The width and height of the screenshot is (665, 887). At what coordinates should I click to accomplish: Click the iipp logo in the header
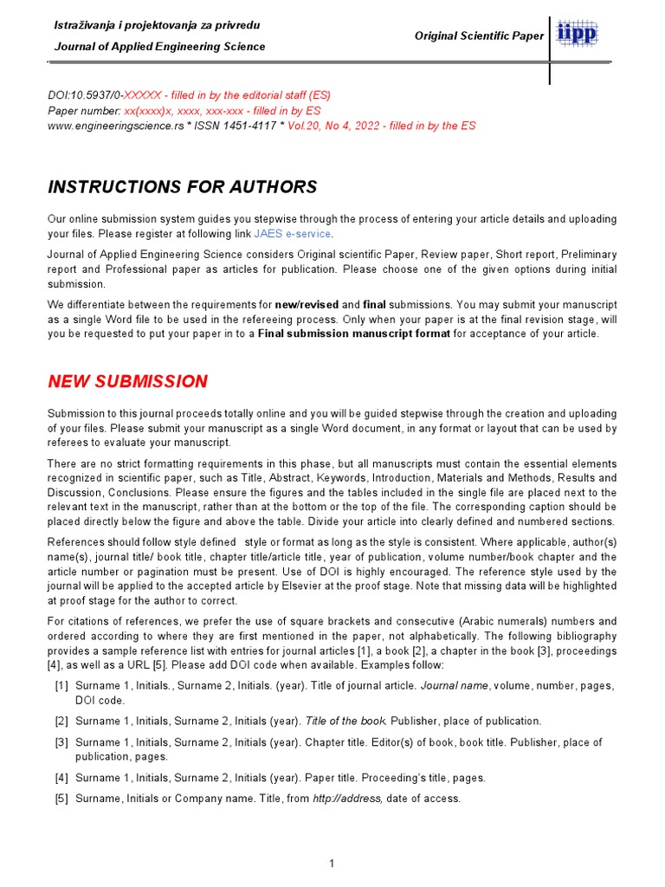coord(577,35)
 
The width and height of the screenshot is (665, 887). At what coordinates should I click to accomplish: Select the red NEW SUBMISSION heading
coord(127,382)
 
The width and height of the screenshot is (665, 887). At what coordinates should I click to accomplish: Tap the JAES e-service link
coord(293,234)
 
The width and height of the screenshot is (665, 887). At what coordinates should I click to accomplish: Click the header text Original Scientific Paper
coord(479,36)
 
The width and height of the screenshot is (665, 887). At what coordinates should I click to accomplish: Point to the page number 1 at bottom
coord(332,863)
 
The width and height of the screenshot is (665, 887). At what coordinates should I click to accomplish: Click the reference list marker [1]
coord(61,686)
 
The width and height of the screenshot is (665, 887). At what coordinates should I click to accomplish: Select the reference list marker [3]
coord(61,742)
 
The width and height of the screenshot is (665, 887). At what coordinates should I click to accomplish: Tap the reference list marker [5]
coord(61,799)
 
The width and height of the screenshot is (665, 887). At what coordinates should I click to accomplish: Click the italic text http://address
coord(346,799)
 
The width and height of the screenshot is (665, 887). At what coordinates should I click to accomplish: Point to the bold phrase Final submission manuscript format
coord(354,333)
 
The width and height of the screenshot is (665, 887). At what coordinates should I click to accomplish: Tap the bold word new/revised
coord(307,305)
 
